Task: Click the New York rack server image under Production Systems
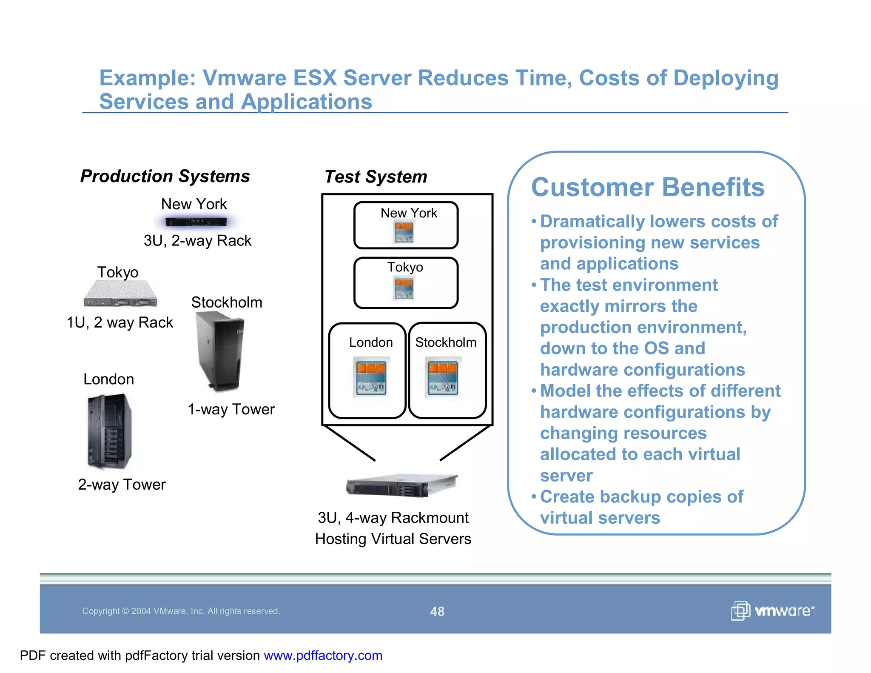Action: pyautogui.click(x=196, y=222)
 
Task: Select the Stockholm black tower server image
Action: pyautogui.click(x=219, y=351)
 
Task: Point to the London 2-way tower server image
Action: pyautogui.click(x=110, y=431)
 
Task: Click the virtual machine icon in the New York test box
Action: pyautogui.click(x=404, y=233)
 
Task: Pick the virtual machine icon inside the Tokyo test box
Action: pyautogui.click(x=404, y=288)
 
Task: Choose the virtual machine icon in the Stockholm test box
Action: pyautogui.click(x=443, y=377)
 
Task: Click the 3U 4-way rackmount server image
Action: pyautogui.click(x=401, y=485)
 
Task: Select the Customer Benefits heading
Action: pyautogui.click(x=647, y=187)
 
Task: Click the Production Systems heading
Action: pyautogui.click(x=165, y=176)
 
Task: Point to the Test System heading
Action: pyautogui.click(x=376, y=177)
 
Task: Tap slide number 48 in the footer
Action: pyautogui.click(x=437, y=611)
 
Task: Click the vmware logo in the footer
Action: pyautogui.click(x=772, y=611)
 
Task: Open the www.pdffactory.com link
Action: pyautogui.click(x=323, y=656)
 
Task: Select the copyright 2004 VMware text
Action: pyautogui.click(x=181, y=611)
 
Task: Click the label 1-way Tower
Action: pyautogui.click(x=231, y=409)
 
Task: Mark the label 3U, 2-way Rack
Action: pyautogui.click(x=197, y=241)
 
